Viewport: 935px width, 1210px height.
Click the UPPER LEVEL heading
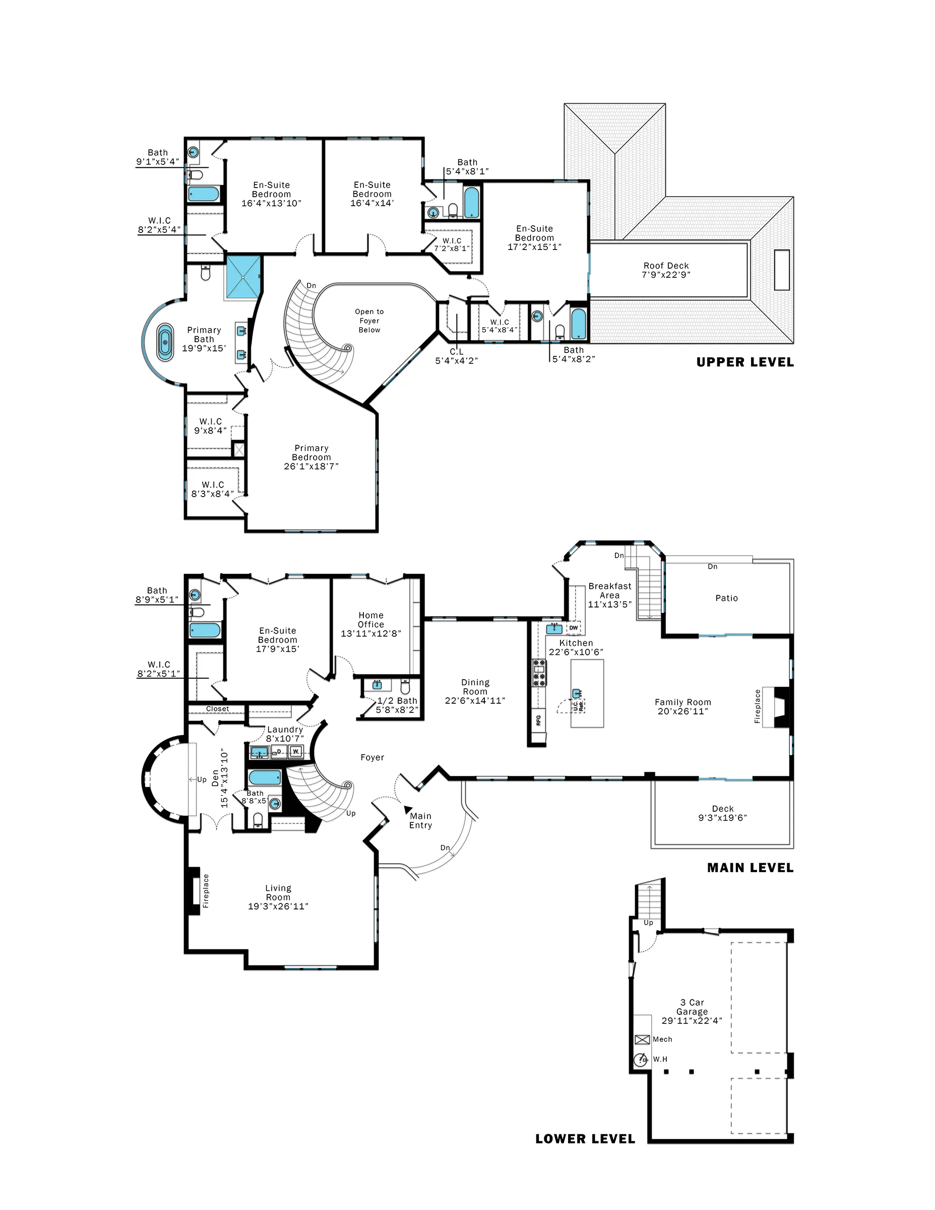tap(744, 362)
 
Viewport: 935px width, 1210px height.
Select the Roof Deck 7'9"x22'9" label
tap(666, 270)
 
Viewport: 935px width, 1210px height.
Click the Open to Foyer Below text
tap(369, 321)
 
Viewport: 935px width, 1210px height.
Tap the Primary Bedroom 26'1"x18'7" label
tap(311, 457)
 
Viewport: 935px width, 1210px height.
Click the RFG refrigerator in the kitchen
tap(538, 720)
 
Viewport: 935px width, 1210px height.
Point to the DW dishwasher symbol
tap(574, 628)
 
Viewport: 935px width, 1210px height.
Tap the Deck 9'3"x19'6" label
tap(722, 813)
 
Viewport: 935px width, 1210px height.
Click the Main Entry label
tap(420, 820)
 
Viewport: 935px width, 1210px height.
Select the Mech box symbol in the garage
tap(642, 1040)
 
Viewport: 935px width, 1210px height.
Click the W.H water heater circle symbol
tap(641, 1059)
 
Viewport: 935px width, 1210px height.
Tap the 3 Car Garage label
tap(692, 1012)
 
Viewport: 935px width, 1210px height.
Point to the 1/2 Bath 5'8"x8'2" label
tap(397, 705)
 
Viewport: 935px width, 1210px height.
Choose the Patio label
tap(726, 598)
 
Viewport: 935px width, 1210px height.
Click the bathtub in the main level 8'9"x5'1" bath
tap(205, 630)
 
